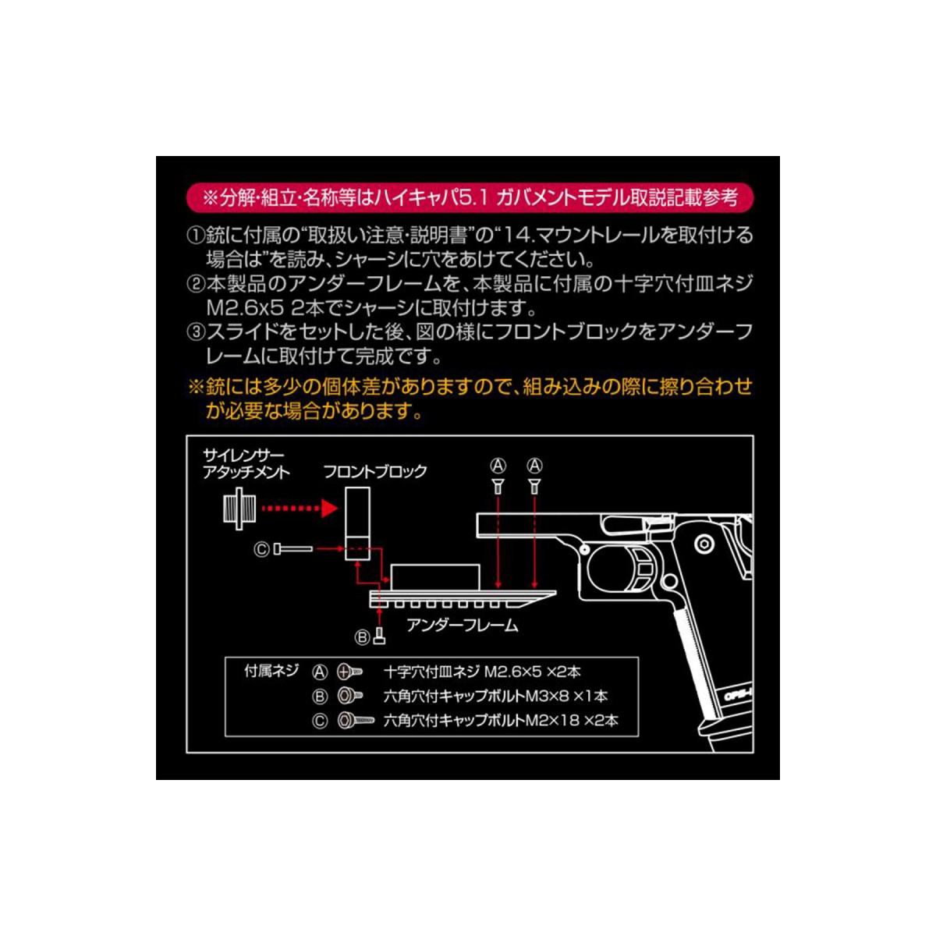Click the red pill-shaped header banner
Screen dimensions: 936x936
[469, 197]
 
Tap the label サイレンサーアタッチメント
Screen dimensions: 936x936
[245, 463]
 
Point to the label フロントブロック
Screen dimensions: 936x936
[375, 472]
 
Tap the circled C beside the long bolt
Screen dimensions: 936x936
[261, 550]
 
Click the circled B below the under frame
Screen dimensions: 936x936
[363, 637]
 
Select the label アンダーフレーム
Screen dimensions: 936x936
[462, 626]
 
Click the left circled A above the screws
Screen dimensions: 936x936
[498, 466]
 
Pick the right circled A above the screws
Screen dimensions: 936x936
[534, 466]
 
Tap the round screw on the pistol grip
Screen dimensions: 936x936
[704, 544]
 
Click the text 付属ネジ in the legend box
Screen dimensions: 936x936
[271, 671]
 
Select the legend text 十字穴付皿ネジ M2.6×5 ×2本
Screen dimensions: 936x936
[482, 672]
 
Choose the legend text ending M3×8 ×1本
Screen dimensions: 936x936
[495, 696]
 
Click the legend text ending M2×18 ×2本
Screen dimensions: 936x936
[500, 720]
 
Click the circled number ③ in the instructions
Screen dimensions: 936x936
[195, 332]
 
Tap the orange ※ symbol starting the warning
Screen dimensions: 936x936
[195, 387]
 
